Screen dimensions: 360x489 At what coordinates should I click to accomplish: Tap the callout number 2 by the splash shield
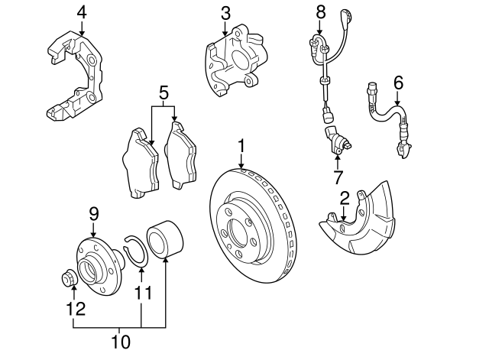[x=345, y=198]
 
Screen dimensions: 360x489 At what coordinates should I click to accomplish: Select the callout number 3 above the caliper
[x=225, y=13]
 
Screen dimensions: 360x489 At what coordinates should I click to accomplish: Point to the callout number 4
[x=82, y=12]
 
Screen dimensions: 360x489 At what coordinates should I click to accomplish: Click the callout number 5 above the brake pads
[x=164, y=93]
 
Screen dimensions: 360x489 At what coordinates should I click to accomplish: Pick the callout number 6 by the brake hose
[x=397, y=82]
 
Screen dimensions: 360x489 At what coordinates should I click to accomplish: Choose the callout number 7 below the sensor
[x=338, y=178]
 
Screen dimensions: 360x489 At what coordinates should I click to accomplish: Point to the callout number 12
[x=74, y=309]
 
